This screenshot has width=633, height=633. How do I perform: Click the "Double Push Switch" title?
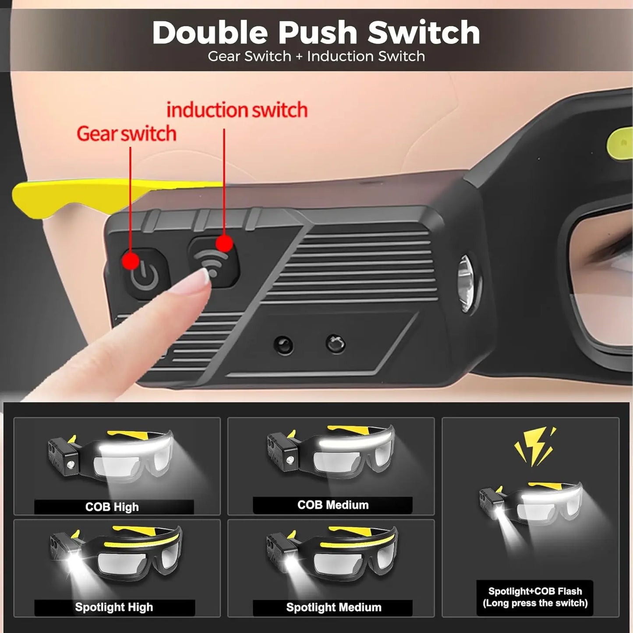coord(316,33)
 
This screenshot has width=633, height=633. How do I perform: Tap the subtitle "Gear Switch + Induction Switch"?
coord(316,57)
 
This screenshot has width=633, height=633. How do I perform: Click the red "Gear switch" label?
coord(127,134)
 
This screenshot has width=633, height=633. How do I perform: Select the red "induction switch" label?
coord(237,110)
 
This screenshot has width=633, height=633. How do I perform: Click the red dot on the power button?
coord(131,261)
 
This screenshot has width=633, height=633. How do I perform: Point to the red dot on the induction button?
coord(224,243)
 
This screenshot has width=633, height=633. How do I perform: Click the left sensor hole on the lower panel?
coord(283,346)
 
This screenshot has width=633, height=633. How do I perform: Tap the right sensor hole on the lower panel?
coord(335,344)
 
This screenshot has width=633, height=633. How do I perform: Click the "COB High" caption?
coord(112,507)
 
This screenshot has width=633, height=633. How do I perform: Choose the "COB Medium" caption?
coord(333,505)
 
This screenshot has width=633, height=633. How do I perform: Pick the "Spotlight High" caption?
coord(114,607)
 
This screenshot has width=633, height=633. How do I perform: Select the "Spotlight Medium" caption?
coord(333,607)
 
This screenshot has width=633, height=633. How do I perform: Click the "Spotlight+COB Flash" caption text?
coord(535,591)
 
